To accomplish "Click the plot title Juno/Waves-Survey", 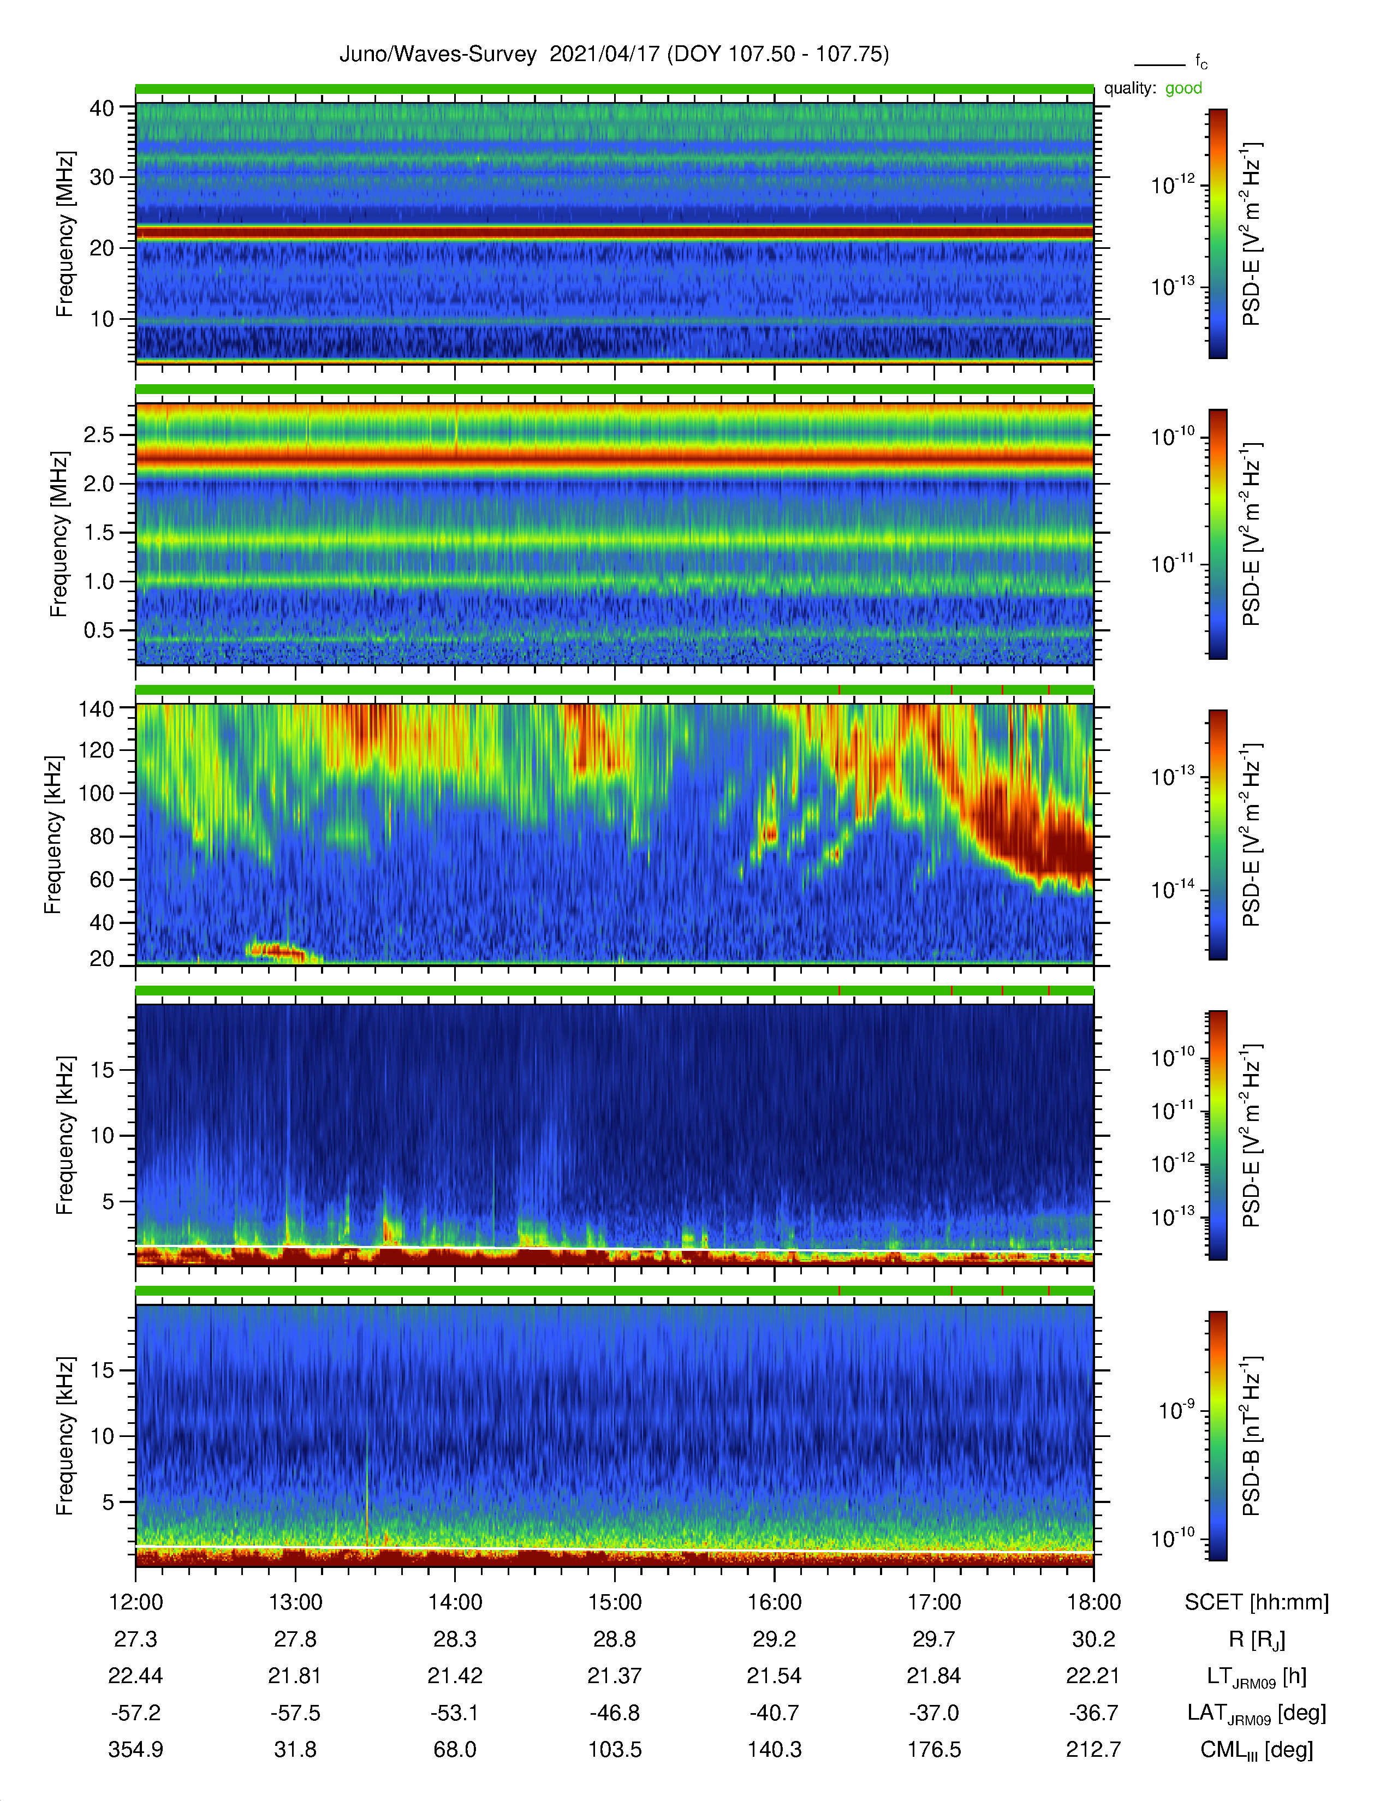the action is tap(438, 55).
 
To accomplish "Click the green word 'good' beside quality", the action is tap(1183, 88).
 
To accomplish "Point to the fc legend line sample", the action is tap(1159, 64).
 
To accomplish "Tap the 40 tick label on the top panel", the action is tap(102, 108).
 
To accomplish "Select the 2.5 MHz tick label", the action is tap(99, 434).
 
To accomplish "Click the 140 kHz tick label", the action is tap(96, 708).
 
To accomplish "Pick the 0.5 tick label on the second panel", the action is tap(99, 630).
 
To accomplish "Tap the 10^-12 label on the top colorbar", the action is tap(1173, 184).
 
